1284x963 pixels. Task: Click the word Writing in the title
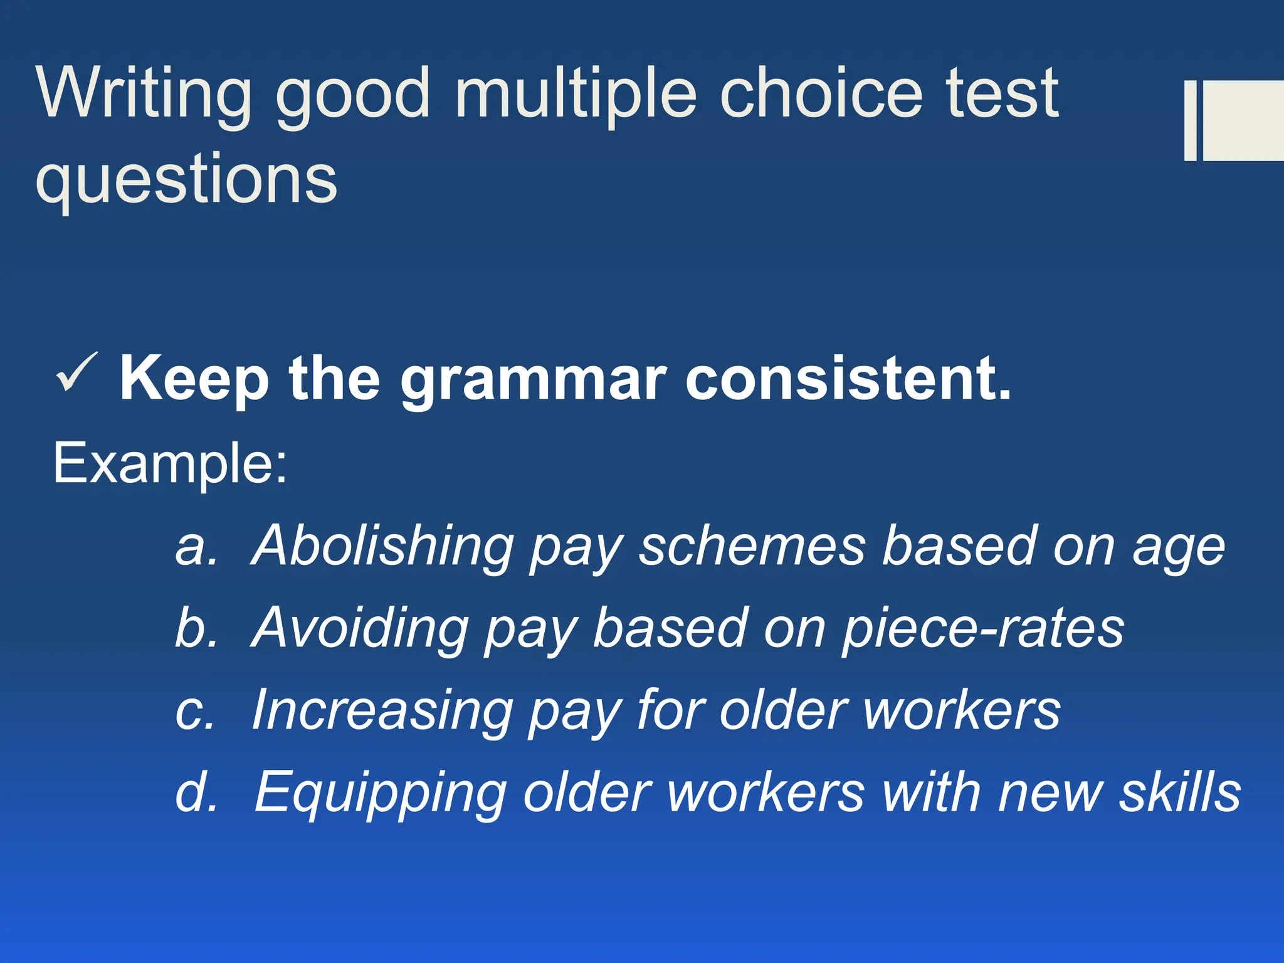[x=144, y=94]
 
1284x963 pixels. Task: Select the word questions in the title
[x=186, y=180]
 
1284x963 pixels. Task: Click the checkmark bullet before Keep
[x=76, y=372]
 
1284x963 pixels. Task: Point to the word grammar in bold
[x=533, y=380]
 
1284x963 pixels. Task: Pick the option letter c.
[x=194, y=711]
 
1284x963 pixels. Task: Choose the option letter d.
[x=196, y=791]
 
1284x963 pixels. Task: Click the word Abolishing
[x=382, y=545]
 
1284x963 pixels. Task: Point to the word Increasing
[x=382, y=710]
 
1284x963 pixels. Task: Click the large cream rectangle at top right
[x=1243, y=120]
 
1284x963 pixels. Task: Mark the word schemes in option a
[x=752, y=545]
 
